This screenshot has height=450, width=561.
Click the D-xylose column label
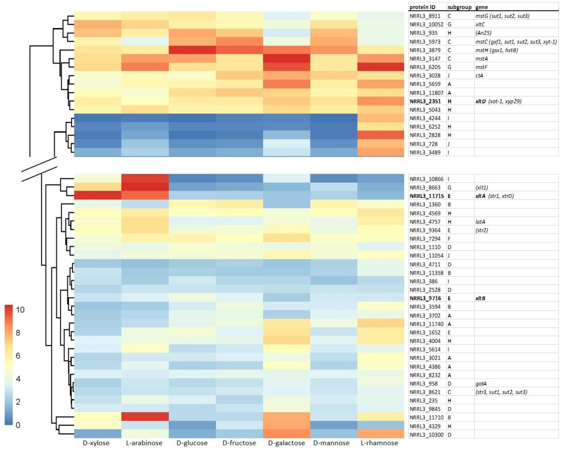tap(96, 443)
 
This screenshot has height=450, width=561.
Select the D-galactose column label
tap(286, 443)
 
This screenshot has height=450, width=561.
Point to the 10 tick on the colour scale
tap(20, 310)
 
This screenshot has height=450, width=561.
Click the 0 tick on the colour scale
tap(18, 425)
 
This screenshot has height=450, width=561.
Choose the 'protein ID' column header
tap(422, 7)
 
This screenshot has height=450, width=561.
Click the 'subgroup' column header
tap(459, 7)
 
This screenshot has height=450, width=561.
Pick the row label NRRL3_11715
tap(426, 196)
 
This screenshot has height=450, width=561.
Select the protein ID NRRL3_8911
tap(425, 16)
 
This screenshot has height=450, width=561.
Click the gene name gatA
tap(481, 384)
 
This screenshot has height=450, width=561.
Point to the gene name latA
tap(480, 222)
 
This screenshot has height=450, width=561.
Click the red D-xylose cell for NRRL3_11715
tap(98, 196)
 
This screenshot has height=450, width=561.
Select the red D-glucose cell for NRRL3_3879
tap(192, 50)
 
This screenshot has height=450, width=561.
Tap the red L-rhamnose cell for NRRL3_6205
tap(381, 67)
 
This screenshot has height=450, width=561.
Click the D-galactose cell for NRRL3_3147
tap(287, 59)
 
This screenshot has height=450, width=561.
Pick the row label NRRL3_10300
tap(426, 435)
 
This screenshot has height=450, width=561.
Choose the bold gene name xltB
tap(480, 298)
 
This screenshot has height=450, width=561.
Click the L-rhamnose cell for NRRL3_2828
tap(381, 135)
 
